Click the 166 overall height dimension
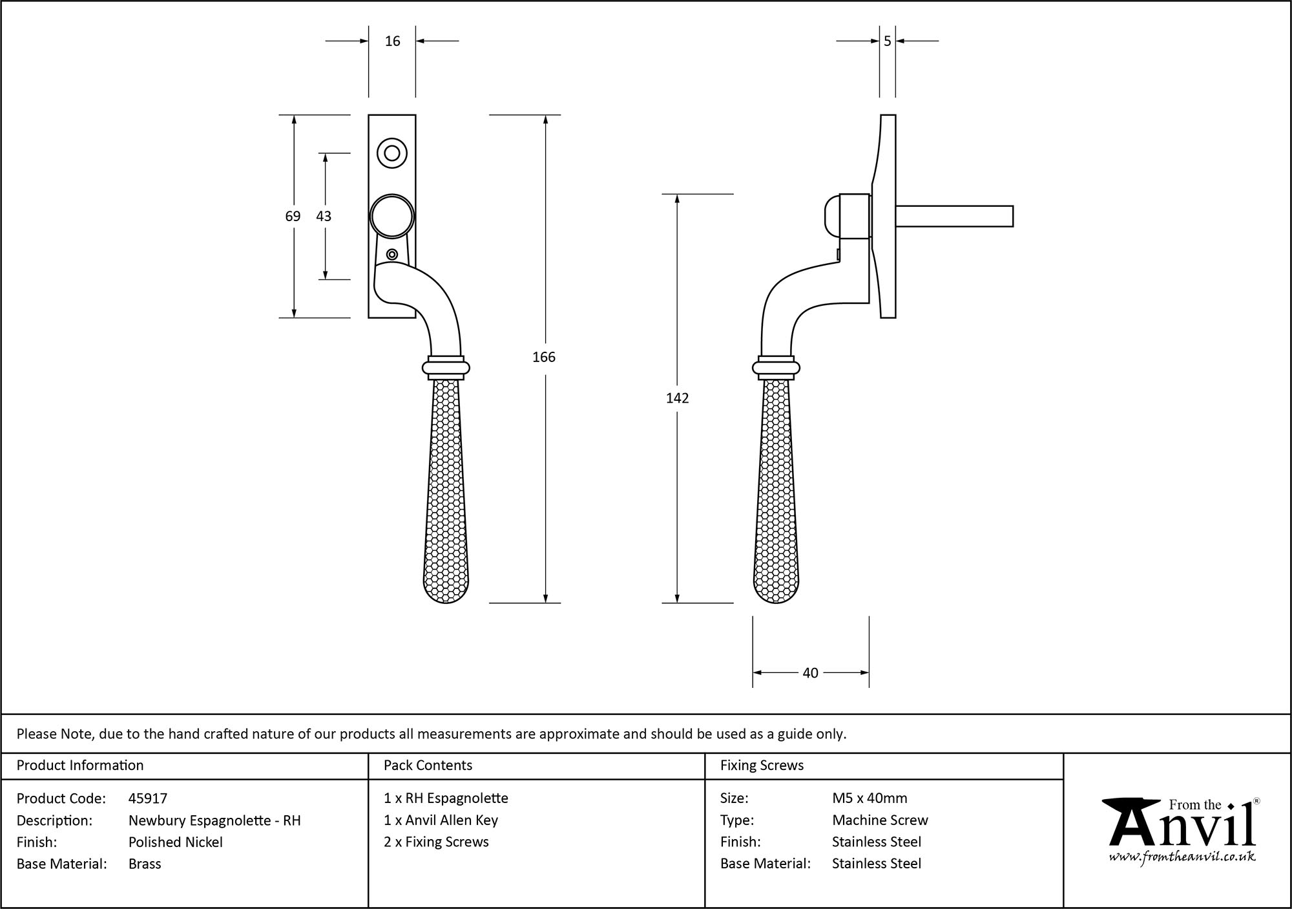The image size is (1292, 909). (544, 357)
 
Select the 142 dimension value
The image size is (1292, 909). (677, 398)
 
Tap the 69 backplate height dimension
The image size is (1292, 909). (293, 216)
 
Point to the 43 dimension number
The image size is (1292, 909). (324, 216)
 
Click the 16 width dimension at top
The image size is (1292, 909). (392, 41)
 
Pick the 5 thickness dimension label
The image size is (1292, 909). (887, 41)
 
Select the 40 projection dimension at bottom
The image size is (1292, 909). (810, 673)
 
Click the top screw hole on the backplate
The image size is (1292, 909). (391, 153)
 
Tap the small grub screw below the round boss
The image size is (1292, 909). (391, 254)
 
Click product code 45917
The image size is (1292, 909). (148, 798)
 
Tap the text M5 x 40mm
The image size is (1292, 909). (870, 798)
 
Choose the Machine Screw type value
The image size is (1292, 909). (880, 820)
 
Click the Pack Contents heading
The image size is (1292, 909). (428, 765)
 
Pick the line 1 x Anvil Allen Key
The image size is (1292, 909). (441, 820)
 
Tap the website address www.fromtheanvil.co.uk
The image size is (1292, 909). (1182, 857)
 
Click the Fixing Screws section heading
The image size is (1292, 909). (762, 765)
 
